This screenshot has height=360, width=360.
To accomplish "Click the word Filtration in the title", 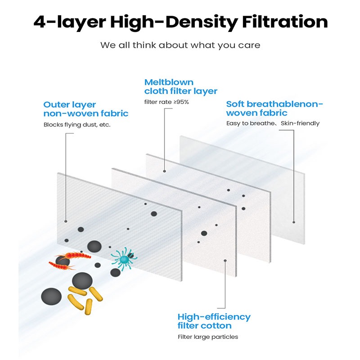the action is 285,22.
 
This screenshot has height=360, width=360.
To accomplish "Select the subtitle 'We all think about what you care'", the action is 180,45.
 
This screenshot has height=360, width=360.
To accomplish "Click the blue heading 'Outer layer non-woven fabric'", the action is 86,109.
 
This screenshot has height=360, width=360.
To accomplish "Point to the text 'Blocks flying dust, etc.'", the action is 77,125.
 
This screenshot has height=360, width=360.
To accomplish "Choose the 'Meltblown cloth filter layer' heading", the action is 181,87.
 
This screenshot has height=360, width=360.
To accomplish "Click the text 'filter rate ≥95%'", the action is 166,102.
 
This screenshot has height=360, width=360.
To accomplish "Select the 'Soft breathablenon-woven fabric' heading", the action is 274,108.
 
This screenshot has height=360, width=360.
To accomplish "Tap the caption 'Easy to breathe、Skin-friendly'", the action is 273,123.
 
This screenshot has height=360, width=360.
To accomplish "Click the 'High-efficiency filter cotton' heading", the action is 214,321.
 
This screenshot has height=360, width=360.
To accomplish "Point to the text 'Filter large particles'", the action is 208,337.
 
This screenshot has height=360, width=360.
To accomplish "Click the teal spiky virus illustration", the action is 124,258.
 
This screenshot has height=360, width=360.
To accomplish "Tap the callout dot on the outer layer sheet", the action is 66,221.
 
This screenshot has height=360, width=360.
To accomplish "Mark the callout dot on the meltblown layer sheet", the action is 164,171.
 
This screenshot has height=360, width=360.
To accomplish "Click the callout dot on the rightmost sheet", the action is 294,222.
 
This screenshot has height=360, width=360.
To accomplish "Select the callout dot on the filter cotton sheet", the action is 225,261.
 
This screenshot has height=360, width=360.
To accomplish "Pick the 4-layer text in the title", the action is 70,22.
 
